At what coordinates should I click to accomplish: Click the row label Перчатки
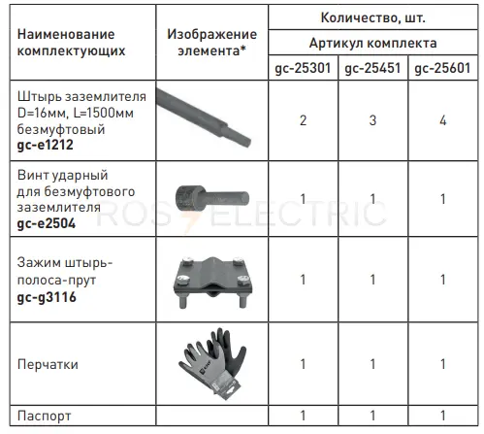coord(49,365)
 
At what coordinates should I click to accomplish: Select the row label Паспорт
coord(45,414)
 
